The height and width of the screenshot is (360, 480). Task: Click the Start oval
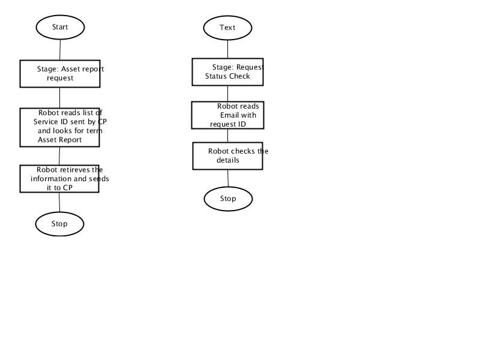pyautogui.click(x=60, y=27)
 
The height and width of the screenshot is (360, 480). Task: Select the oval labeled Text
pyautogui.click(x=228, y=28)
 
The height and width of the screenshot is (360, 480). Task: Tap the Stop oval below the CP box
pyautogui.click(x=59, y=224)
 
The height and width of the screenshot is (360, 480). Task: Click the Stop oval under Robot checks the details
pyautogui.click(x=229, y=199)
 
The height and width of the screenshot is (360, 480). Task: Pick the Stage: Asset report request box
pyautogui.click(x=60, y=74)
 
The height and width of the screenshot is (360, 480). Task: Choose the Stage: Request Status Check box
pyautogui.click(x=228, y=72)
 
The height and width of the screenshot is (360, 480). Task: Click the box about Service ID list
pyautogui.click(x=59, y=127)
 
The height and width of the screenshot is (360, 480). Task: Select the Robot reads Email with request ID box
pyautogui.click(x=228, y=115)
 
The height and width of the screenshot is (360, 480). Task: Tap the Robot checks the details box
pyautogui.click(x=228, y=156)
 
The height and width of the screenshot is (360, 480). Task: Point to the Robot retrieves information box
pyautogui.click(x=59, y=179)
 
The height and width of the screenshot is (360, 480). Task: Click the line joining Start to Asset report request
pyautogui.click(x=60, y=50)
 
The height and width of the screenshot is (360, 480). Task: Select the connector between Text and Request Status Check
pyautogui.click(x=228, y=49)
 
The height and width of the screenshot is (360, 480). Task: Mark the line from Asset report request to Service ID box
pyautogui.click(x=59, y=98)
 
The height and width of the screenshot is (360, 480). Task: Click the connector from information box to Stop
pyautogui.click(x=59, y=202)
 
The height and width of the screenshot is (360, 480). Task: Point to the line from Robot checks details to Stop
pyautogui.click(x=228, y=178)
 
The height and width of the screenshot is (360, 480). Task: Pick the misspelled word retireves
pyautogui.click(x=74, y=170)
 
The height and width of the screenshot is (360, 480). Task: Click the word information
pyautogui.click(x=50, y=179)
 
